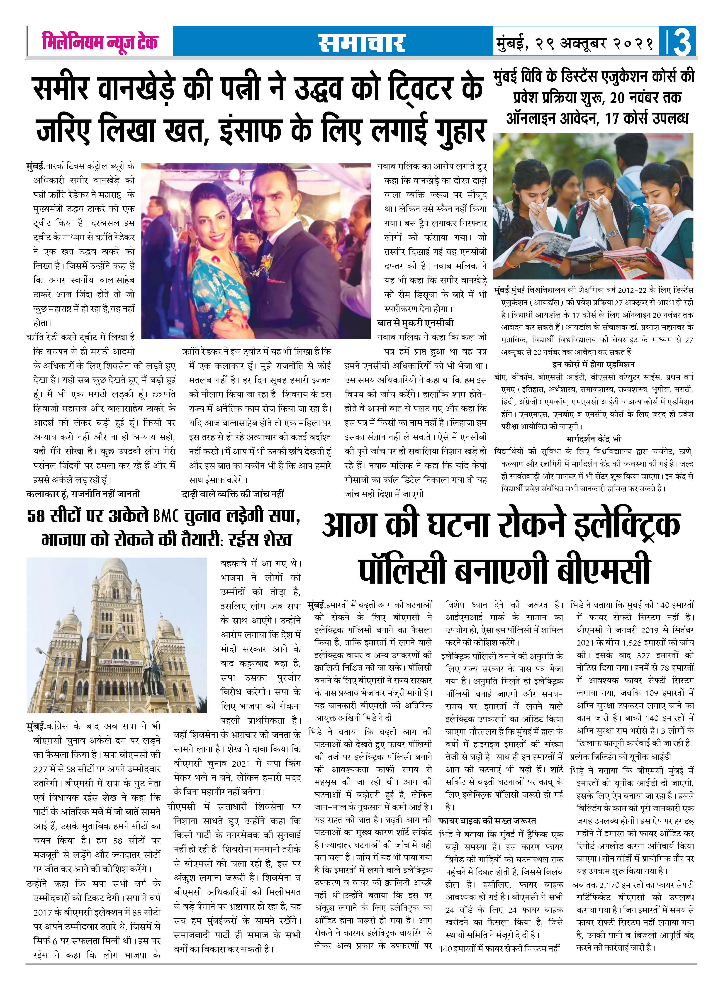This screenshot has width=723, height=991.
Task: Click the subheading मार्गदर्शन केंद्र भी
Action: [x=594, y=439]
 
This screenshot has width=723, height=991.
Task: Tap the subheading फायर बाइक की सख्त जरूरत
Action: [x=487, y=820]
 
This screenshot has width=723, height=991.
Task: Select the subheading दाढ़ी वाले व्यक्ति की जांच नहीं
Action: [x=233, y=494]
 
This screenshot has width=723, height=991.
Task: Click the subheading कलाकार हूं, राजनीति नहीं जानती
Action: [x=83, y=494]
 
